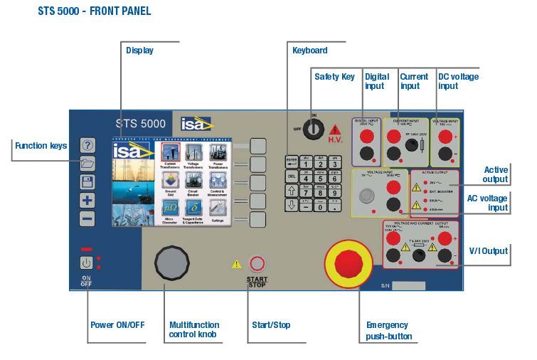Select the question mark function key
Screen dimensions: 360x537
87,146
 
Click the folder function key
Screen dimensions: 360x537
87,164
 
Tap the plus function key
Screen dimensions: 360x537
87,201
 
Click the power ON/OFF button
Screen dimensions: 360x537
86,263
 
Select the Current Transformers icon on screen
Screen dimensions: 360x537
170,154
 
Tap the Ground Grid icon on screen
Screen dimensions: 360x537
170,181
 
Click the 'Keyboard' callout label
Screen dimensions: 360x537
310,51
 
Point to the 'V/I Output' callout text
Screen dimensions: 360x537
489,250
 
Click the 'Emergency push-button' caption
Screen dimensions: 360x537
388,331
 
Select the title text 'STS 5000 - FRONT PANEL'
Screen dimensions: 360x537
95,12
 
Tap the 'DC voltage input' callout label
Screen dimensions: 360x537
458,81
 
